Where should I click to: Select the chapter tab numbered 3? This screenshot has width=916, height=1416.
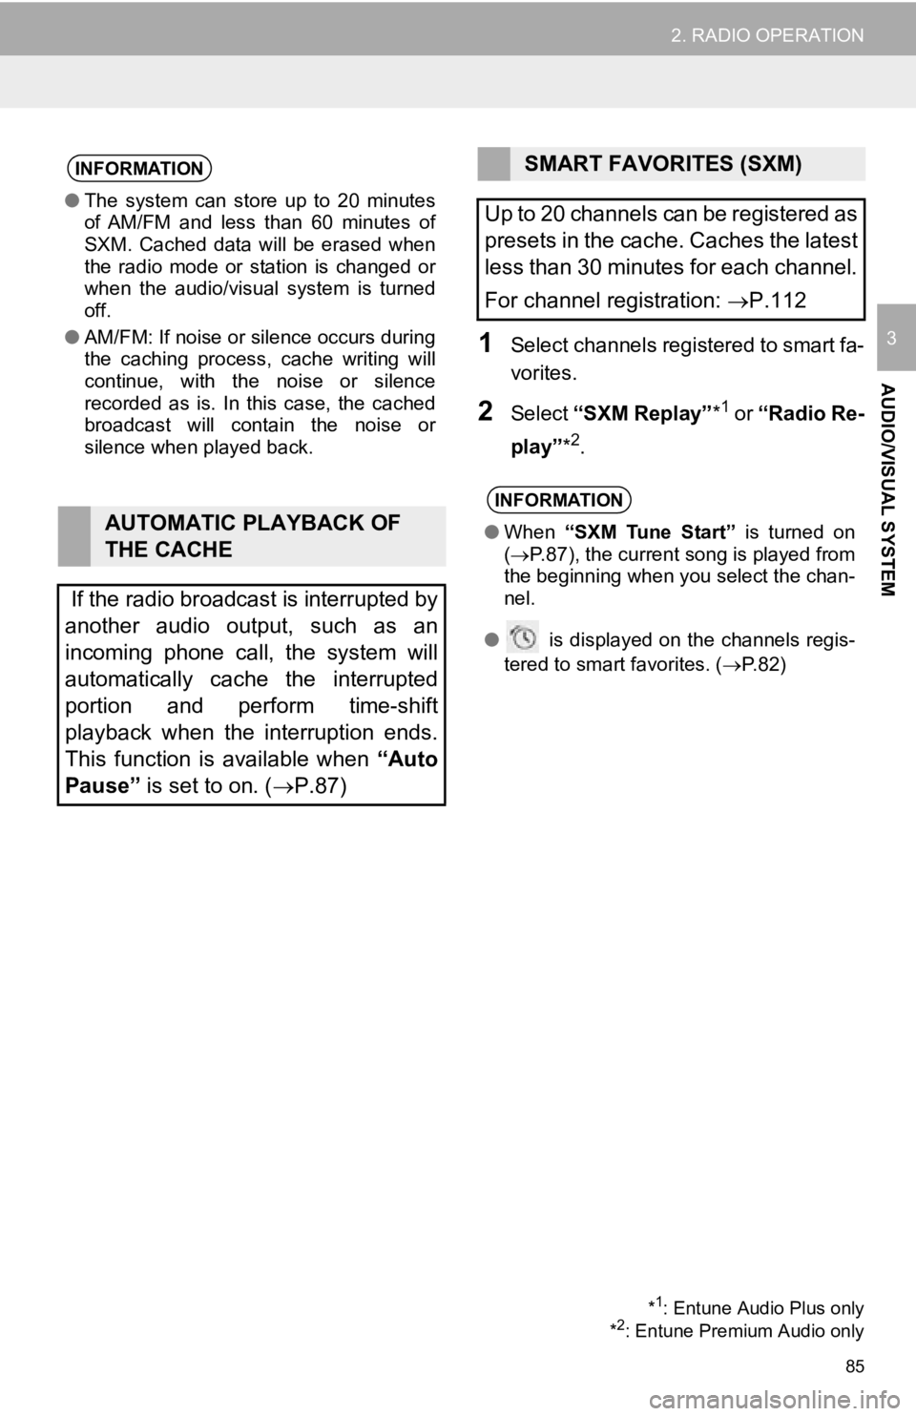point(891,338)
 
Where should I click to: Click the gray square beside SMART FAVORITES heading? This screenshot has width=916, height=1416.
point(492,163)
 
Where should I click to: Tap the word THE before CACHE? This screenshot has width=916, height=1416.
point(129,550)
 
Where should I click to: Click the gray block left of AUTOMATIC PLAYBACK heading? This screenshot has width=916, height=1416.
point(73,536)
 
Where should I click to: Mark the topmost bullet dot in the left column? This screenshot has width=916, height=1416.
point(72,200)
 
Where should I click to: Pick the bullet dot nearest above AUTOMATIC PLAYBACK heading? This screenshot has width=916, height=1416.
point(72,337)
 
